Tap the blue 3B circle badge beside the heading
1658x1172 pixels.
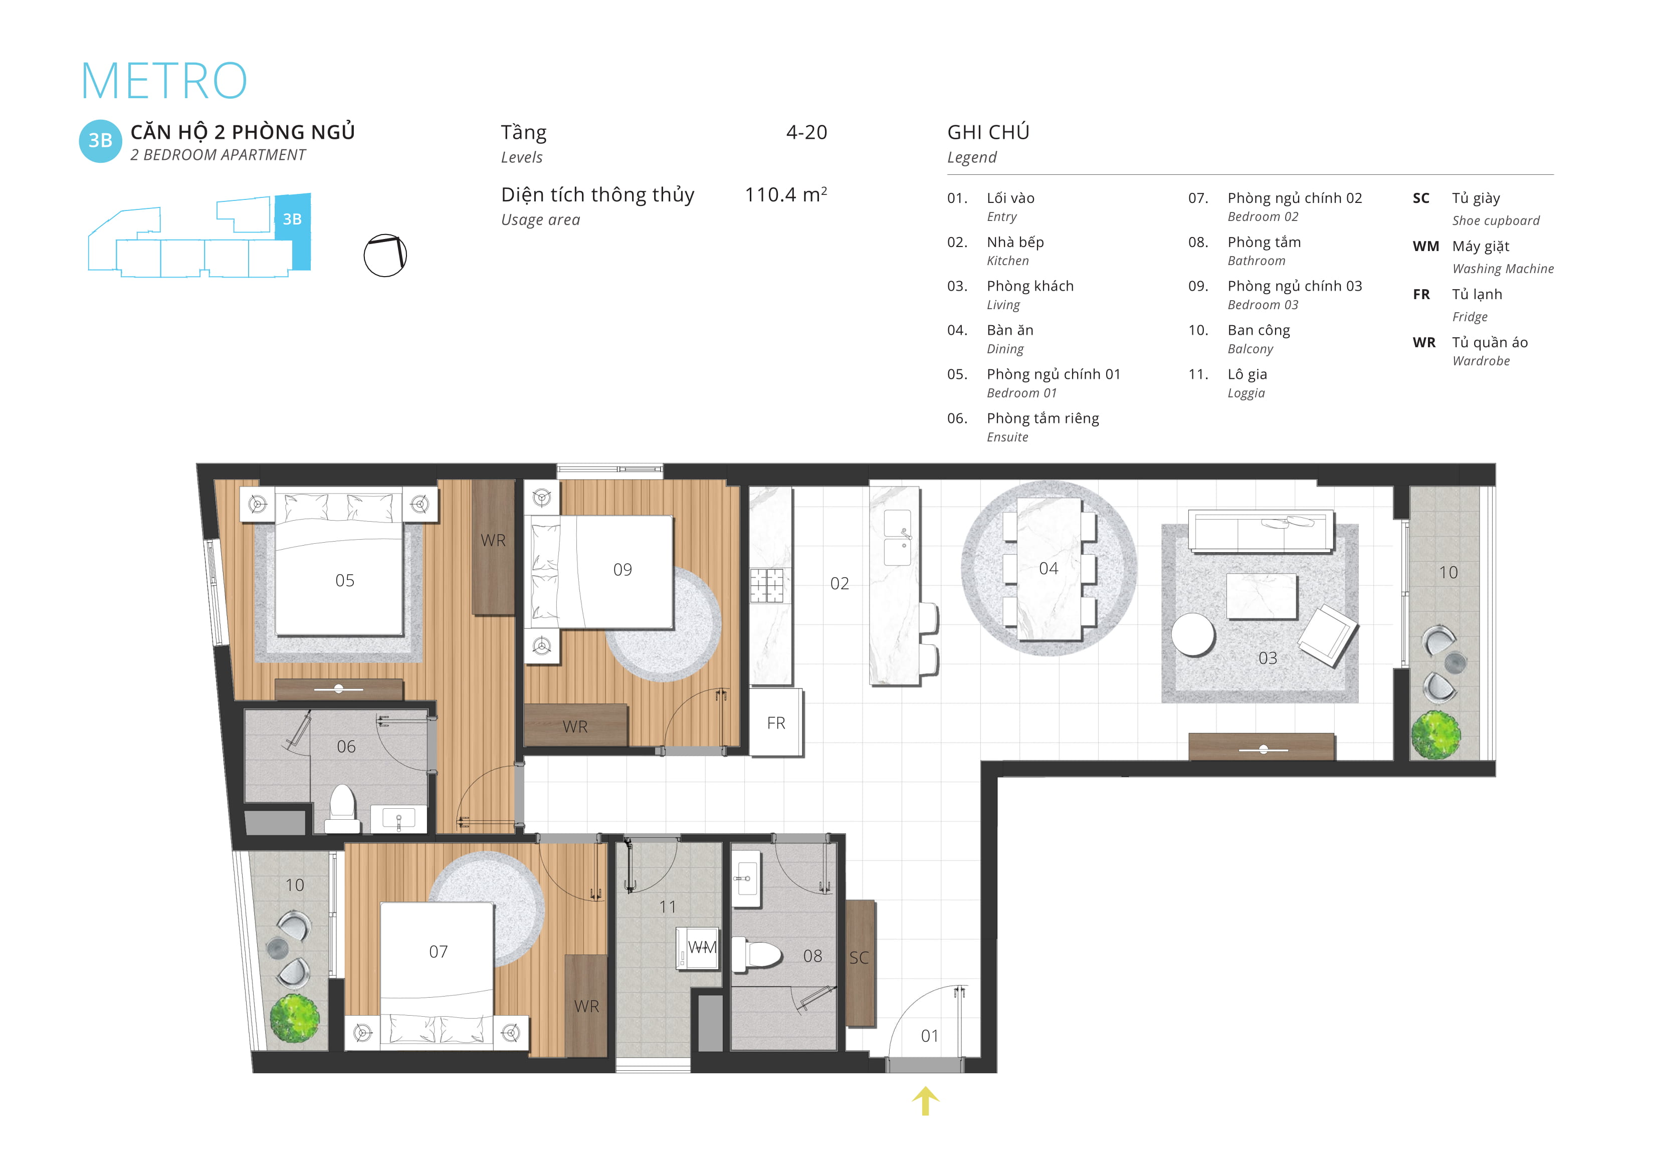click(100, 141)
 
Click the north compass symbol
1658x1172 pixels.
click(385, 256)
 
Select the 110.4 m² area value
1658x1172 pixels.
click(786, 194)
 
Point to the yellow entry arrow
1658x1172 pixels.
click(925, 1100)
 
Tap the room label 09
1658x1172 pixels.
click(623, 570)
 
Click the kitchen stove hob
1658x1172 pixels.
click(766, 585)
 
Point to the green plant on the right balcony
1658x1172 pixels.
click(1435, 735)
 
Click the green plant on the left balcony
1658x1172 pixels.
click(295, 1018)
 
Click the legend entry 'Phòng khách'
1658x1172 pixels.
click(1030, 286)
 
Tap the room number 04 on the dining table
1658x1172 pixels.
click(1049, 568)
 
